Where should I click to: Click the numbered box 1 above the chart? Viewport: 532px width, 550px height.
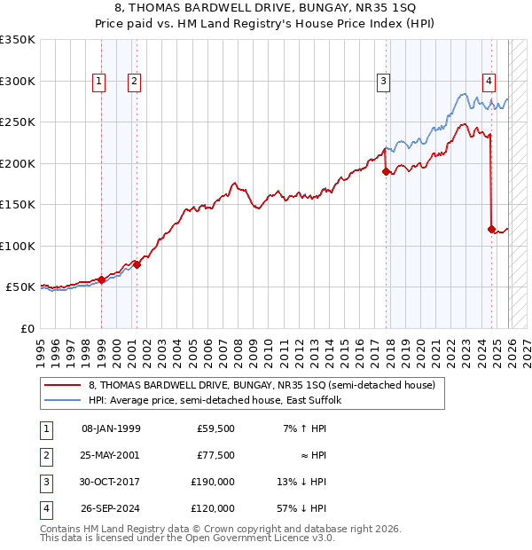pos(98,82)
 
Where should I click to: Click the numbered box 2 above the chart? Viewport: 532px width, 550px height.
pos(134,82)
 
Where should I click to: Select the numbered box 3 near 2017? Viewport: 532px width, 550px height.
pos(383,82)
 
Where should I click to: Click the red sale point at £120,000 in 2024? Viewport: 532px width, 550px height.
pos(491,229)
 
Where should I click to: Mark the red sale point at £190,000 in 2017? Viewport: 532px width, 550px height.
pos(386,171)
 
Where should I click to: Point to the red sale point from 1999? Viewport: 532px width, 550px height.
pos(101,279)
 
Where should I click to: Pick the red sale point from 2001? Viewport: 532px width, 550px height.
pos(137,264)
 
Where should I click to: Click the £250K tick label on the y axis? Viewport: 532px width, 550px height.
pos(18,122)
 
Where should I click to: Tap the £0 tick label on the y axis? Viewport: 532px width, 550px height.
pos(27,329)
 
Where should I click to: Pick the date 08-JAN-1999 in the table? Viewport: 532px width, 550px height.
pos(110,428)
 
